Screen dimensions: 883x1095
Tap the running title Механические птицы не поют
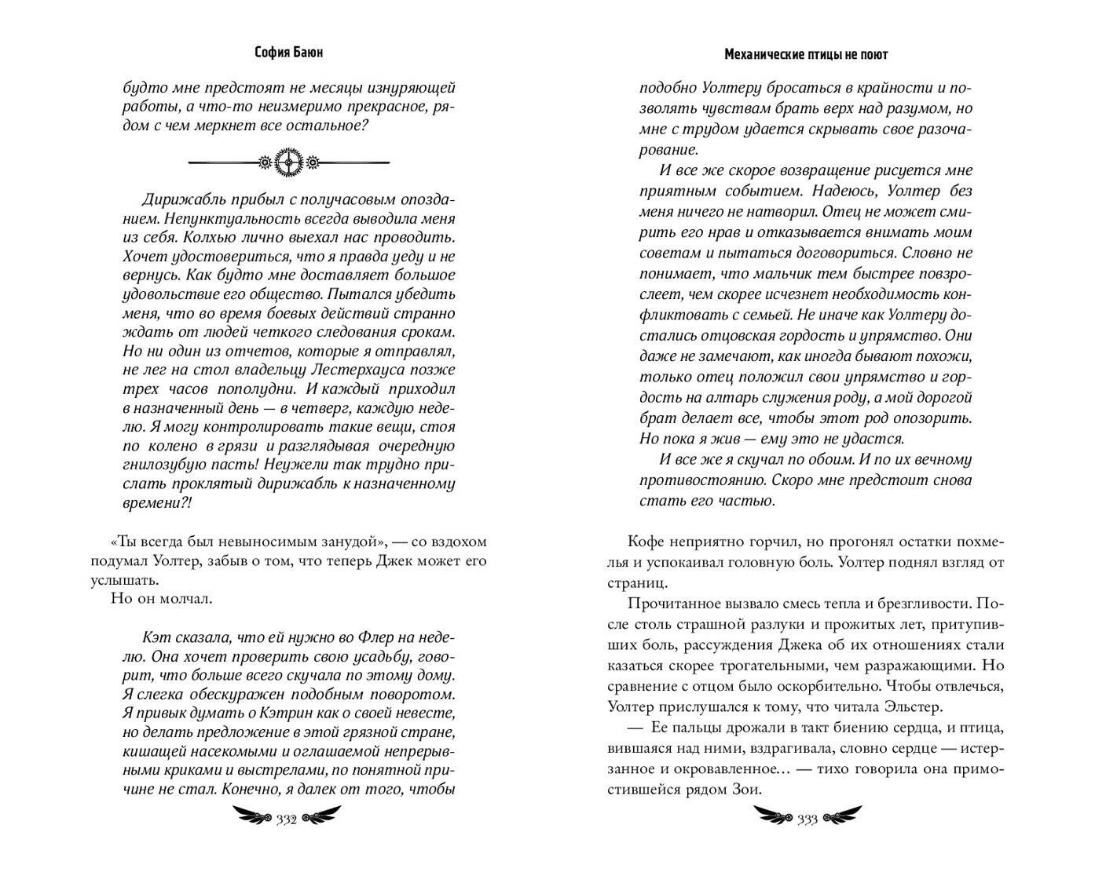pyautogui.click(x=806, y=54)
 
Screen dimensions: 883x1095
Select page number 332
pyautogui.click(x=285, y=819)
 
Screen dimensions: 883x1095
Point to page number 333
pyautogui.click(x=807, y=819)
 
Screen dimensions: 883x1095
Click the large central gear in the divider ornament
pyautogui.click(x=289, y=162)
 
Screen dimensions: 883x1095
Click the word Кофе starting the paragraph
pyautogui.click(x=645, y=542)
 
